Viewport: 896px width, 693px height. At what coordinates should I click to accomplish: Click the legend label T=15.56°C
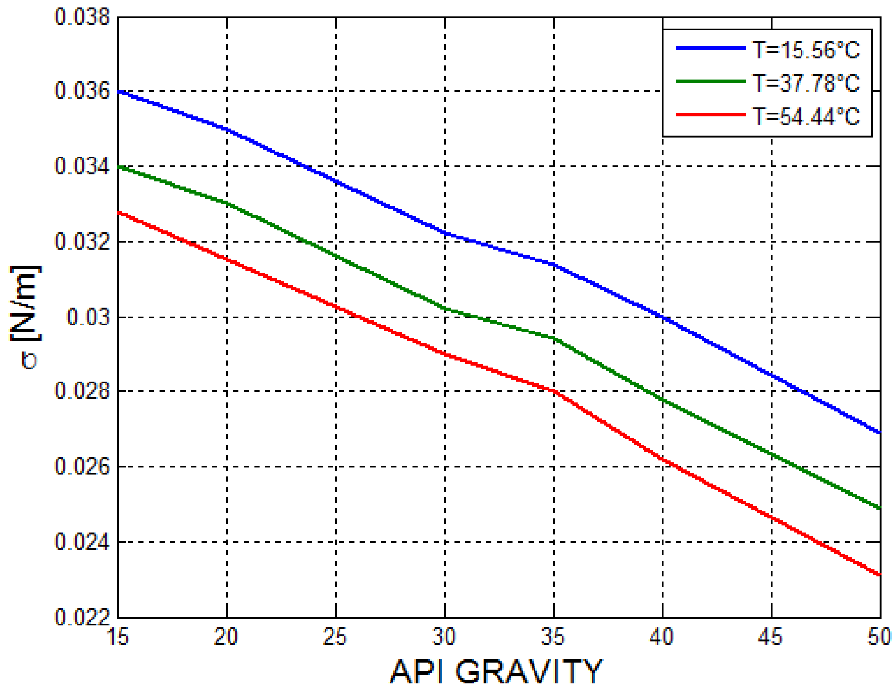tap(806, 50)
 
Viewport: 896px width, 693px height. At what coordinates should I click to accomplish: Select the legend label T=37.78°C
tap(806, 83)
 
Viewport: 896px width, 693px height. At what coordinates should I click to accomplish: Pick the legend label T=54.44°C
tap(806, 116)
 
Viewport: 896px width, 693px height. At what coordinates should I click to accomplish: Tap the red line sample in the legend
tap(710, 114)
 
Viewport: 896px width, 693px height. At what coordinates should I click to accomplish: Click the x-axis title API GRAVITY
tap(496, 672)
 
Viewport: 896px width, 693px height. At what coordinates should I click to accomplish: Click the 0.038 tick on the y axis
tap(83, 17)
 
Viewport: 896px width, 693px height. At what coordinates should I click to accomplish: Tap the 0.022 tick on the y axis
tap(83, 617)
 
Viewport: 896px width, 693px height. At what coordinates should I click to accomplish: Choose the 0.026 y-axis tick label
tap(83, 467)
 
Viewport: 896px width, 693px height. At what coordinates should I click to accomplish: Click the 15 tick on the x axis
tap(118, 637)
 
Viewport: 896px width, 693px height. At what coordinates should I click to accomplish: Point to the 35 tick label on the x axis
tap(553, 637)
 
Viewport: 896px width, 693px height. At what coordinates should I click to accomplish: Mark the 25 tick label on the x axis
tap(336, 637)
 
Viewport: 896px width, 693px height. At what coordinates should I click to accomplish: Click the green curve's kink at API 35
tap(554, 338)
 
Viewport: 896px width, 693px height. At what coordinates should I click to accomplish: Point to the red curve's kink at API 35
tap(554, 391)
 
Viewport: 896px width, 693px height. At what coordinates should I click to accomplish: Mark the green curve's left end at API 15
tap(118, 167)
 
